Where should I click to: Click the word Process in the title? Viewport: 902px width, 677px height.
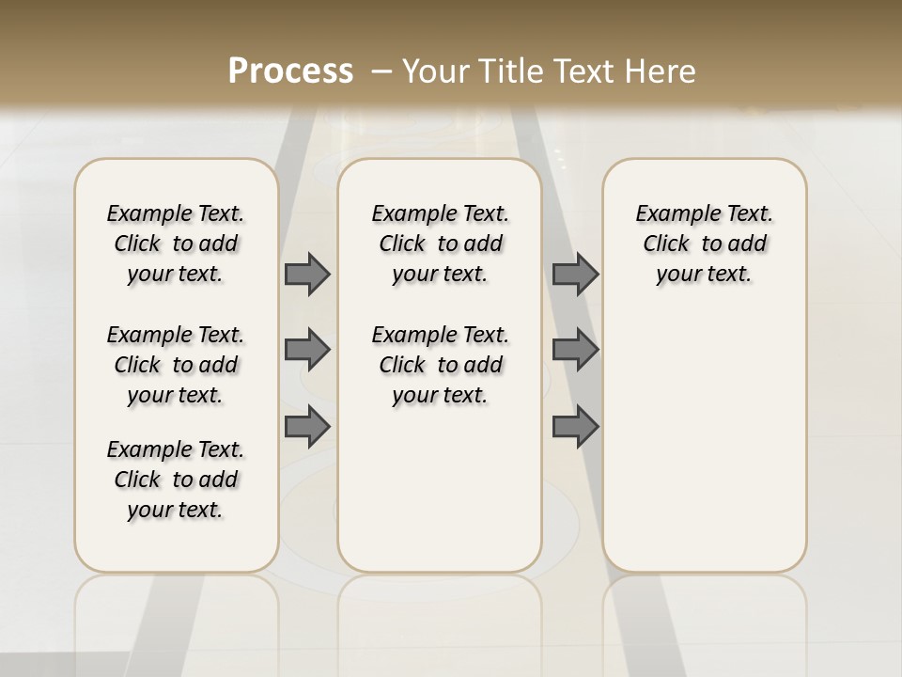pos(290,71)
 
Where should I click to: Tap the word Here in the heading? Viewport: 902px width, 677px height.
pos(662,71)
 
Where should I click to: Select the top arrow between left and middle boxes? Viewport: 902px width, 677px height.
pos(307,274)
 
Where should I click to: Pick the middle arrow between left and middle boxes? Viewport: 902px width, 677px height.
pos(307,350)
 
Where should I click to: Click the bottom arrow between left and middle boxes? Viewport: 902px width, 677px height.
pos(307,427)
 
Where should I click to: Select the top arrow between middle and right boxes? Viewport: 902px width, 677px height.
pos(575,274)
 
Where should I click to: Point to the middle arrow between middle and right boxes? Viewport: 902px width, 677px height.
pos(575,350)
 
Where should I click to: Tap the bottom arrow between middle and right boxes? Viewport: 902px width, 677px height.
pos(575,427)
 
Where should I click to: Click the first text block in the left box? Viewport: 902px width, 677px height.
pos(176,244)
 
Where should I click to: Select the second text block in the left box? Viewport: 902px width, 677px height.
pos(176,365)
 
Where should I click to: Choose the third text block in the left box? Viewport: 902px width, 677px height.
pos(176,480)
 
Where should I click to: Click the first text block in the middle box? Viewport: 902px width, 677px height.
pos(441,244)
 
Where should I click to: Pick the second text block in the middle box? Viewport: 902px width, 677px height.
pos(441,365)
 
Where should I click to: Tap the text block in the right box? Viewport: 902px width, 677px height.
pos(705,244)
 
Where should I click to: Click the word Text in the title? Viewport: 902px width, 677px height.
pos(577,71)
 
